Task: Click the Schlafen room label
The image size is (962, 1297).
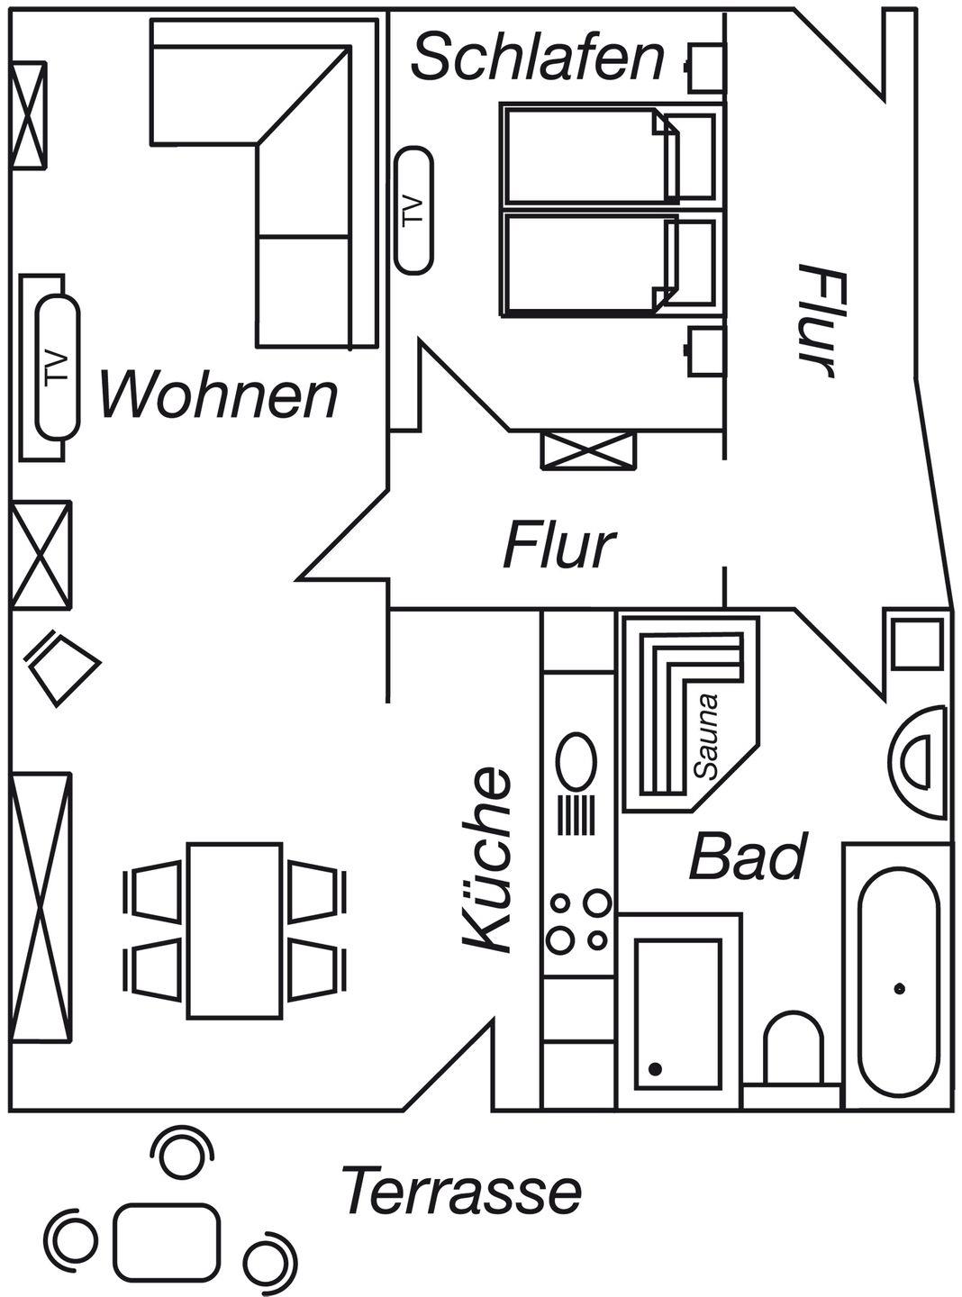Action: [x=538, y=57]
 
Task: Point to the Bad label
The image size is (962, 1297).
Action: [x=747, y=857]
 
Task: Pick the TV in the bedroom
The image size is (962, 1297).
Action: [x=414, y=211]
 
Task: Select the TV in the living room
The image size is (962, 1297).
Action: [x=58, y=367]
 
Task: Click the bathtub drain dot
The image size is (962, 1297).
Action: [x=899, y=989]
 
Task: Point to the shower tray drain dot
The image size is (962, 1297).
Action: [x=655, y=1068]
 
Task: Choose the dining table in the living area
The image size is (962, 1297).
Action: [x=235, y=930]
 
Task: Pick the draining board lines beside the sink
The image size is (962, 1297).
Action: [x=576, y=816]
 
